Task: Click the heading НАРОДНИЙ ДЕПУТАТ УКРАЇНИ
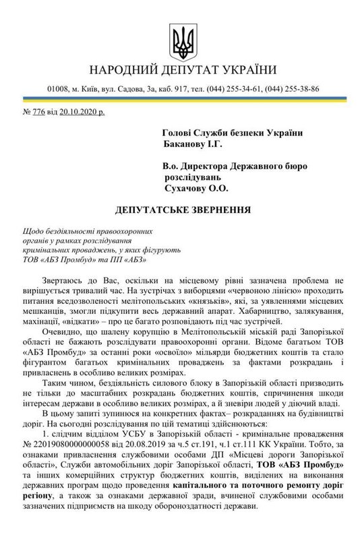tap(180, 71)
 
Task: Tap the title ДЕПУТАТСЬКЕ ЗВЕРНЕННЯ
tap(180, 210)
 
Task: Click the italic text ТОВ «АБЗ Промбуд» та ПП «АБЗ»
tap(90, 259)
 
